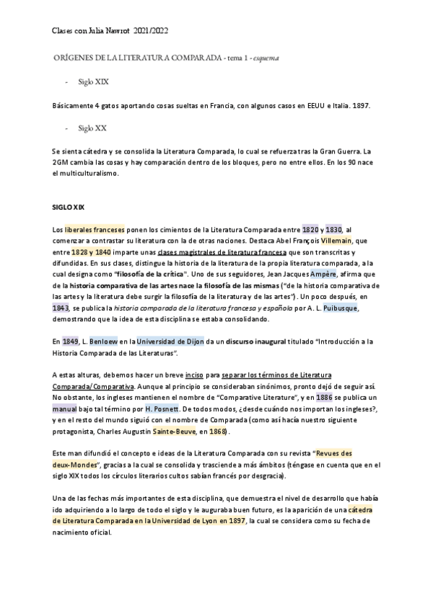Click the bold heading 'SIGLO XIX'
69,207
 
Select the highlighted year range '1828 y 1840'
92,253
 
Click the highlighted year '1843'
62,308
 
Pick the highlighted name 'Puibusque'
338,308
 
